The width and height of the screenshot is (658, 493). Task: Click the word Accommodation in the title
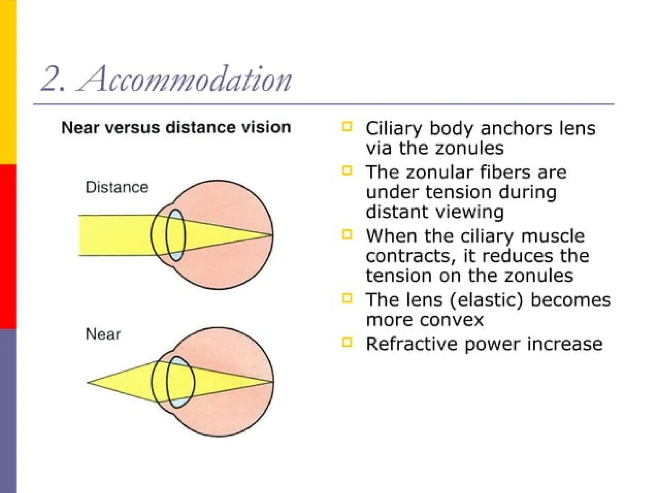click(x=185, y=79)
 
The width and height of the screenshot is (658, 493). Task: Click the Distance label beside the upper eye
click(x=117, y=187)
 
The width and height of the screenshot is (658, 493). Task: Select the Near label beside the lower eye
click(x=103, y=334)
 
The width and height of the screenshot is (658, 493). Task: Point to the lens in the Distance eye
click(x=176, y=235)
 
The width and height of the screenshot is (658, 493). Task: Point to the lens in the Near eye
click(x=180, y=382)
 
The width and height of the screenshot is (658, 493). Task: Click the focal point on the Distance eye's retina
click(x=272, y=235)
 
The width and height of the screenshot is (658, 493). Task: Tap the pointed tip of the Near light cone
click(x=88, y=382)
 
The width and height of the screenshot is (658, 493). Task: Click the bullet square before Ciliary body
click(x=347, y=126)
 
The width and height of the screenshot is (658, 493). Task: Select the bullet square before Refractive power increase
click(x=347, y=342)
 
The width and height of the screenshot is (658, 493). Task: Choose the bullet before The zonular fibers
click(x=347, y=170)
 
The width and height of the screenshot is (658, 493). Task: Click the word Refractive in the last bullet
click(x=412, y=344)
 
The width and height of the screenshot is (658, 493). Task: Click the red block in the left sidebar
click(x=8, y=246)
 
